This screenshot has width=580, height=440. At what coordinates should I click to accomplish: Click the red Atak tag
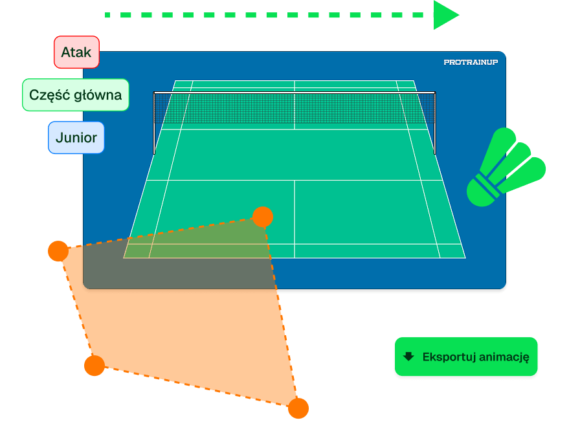pyautogui.click(x=76, y=52)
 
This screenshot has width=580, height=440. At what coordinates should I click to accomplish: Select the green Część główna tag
pyautogui.click(x=76, y=95)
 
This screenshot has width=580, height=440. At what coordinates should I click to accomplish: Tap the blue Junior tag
pyautogui.click(x=76, y=138)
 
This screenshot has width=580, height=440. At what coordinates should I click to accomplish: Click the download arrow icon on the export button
pyautogui.click(x=408, y=357)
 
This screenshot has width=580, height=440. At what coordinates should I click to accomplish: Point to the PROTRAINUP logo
pyautogui.click(x=471, y=62)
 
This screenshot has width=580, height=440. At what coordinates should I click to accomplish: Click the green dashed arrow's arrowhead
pyautogui.click(x=445, y=14)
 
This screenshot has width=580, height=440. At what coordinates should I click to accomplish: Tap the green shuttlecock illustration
pyautogui.click(x=506, y=168)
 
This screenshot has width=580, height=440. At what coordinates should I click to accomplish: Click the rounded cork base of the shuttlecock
pyautogui.click(x=481, y=191)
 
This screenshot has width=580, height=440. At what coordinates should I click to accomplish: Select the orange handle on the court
pyautogui.click(x=262, y=217)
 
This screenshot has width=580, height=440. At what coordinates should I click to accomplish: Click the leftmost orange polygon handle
pyautogui.click(x=58, y=250)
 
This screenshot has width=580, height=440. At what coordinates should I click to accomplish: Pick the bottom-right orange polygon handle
pyautogui.click(x=298, y=408)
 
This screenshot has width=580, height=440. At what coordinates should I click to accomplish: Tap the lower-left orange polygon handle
pyautogui.click(x=95, y=366)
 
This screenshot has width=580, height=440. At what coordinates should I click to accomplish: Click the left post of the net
pyautogui.click(x=154, y=123)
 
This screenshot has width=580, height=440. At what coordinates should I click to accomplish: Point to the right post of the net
pyautogui.click(x=435, y=123)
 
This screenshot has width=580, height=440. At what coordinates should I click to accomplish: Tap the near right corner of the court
pyautogui.click(x=465, y=258)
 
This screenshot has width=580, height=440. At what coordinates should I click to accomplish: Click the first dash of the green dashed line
pyautogui.click(x=108, y=14)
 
